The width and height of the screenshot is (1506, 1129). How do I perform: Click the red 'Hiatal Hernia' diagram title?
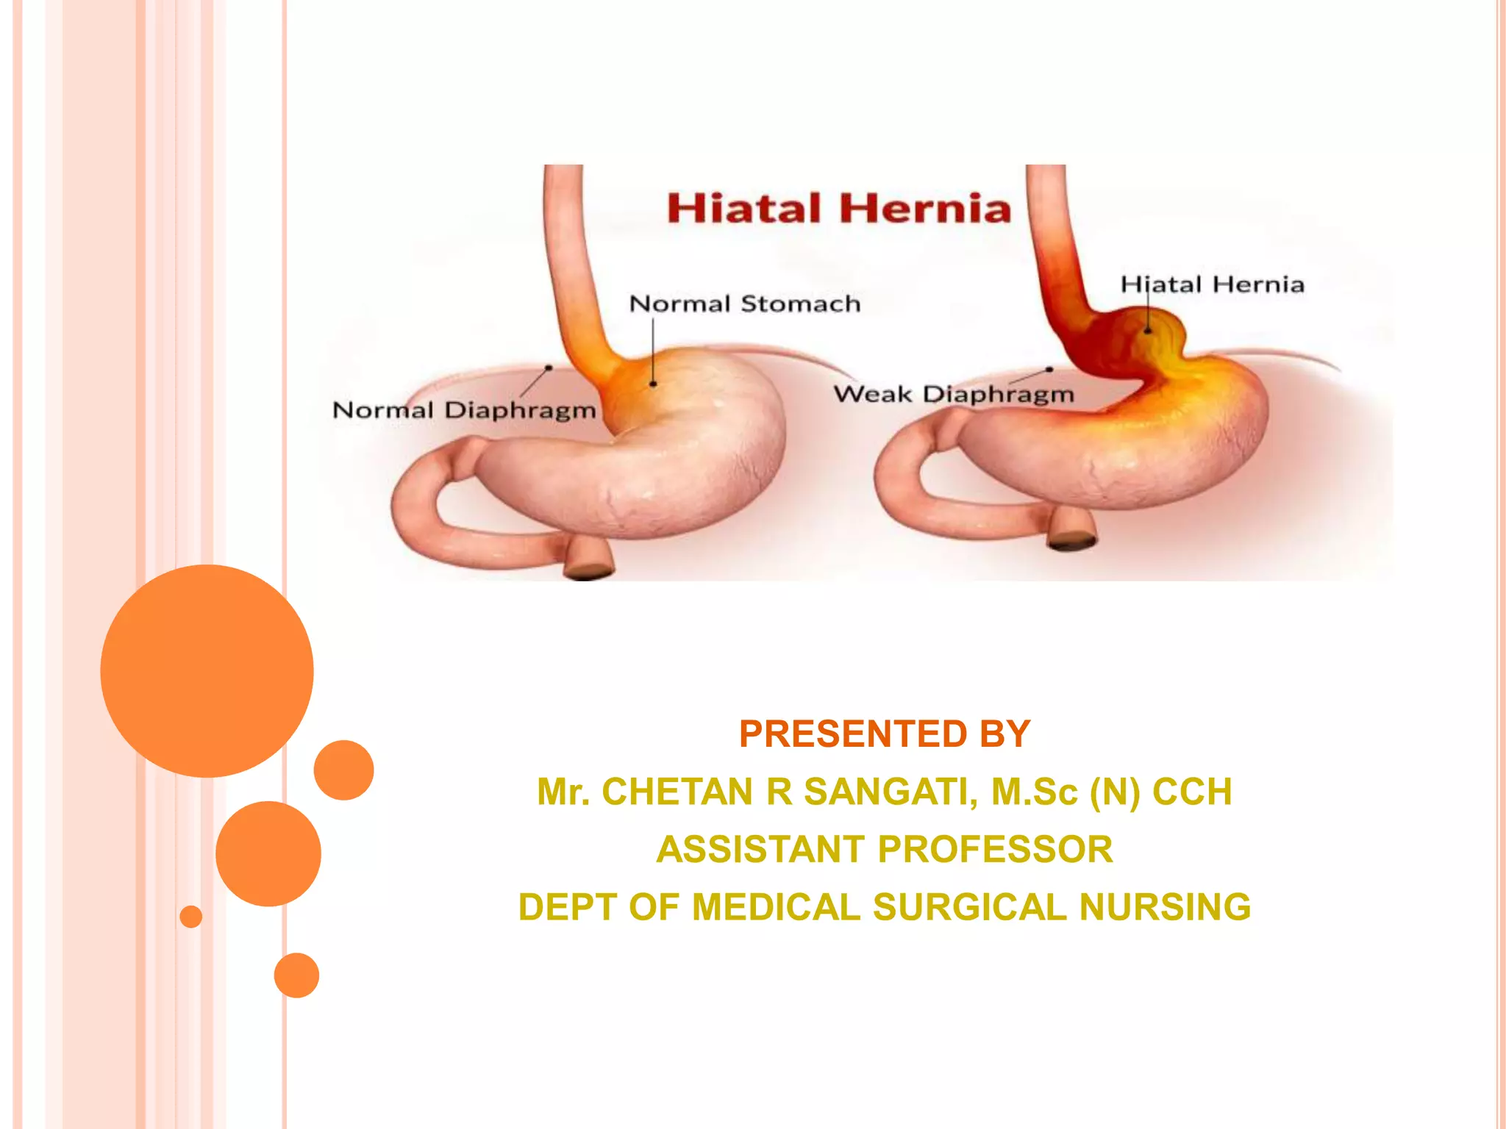point(839,208)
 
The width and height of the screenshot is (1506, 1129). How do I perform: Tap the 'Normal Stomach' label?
point(745,304)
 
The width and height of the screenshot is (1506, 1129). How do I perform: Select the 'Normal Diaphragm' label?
point(464,410)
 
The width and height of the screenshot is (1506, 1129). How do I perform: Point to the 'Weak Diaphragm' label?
point(954,394)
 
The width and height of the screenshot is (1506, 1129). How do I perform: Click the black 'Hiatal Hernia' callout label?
point(1212,284)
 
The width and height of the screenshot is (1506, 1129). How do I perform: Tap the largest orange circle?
point(207,670)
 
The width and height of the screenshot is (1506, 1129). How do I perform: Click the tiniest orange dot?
point(191,917)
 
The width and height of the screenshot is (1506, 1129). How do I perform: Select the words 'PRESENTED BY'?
point(885,734)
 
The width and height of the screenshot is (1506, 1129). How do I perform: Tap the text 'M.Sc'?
point(1034,792)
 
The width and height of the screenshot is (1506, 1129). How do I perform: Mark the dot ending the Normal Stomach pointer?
point(653,384)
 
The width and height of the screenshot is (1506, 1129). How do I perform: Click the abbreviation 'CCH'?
point(1192,792)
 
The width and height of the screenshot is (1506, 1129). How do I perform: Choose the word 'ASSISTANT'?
point(760,849)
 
